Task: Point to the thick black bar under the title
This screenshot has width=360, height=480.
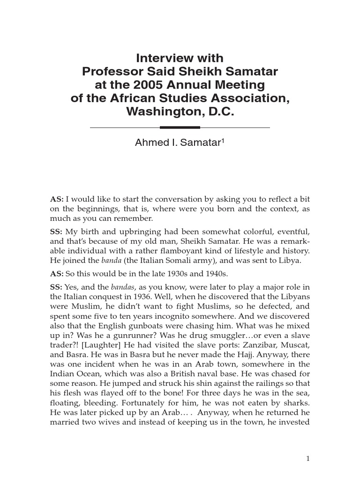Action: pyautogui.click(x=180, y=127)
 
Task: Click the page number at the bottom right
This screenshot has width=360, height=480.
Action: pyautogui.click(x=307, y=459)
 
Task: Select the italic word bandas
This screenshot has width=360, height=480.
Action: pyautogui.click(x=121, y=287)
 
